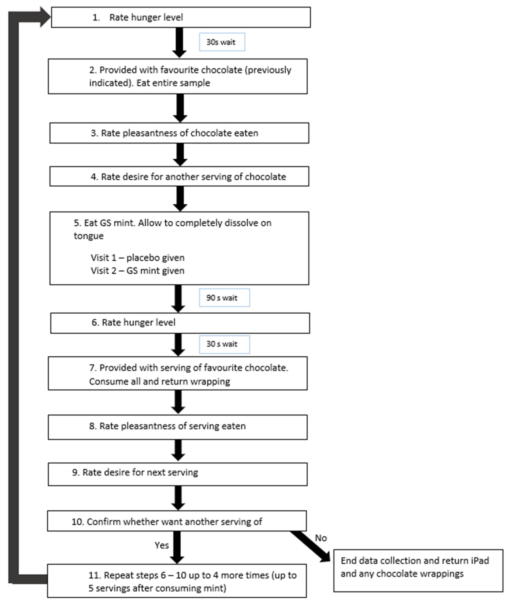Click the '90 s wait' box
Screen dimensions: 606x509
pos(224,298)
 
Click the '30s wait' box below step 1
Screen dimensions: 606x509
pos(222,42)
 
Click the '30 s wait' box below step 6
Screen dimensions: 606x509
pos(224,344)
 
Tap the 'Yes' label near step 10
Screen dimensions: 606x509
pos(162,545)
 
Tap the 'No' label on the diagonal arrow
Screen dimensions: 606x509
pos(321,538)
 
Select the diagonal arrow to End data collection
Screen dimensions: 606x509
pos(310,547)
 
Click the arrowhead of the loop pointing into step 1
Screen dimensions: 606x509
pos(46,17)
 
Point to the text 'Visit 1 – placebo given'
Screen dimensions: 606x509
pos(138,258)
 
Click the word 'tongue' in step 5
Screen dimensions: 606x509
pos(89,236)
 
